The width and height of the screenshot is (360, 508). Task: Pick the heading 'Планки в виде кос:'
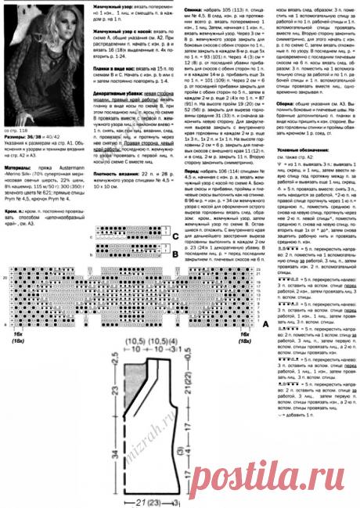[114, 92]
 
